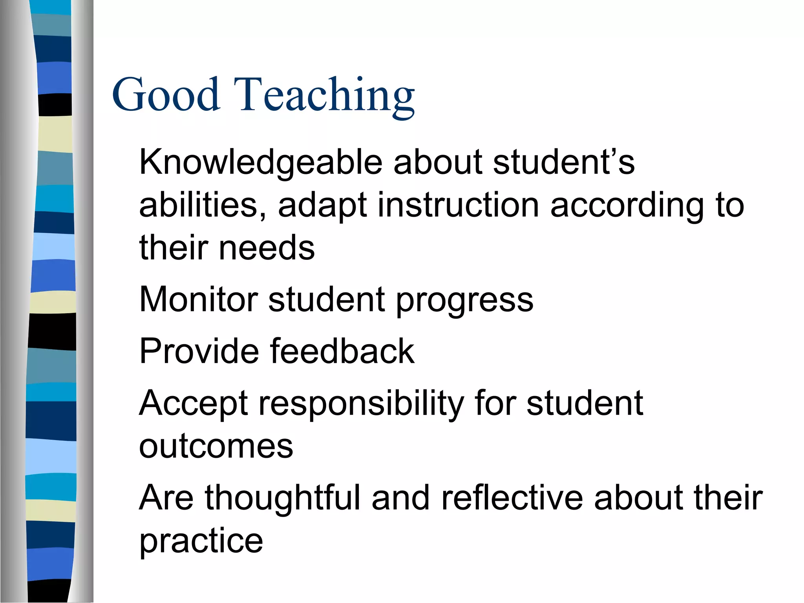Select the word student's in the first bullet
(564, 162)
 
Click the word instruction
(458, 205)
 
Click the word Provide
(199, 351)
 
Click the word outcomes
(216, 446)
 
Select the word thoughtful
(282, 498)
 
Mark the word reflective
(512, 498)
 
